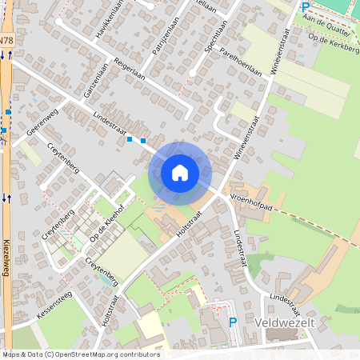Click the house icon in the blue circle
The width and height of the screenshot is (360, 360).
coord(179,172)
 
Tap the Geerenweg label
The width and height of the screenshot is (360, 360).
coord(42,122)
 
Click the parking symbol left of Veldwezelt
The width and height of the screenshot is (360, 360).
coord(233,322)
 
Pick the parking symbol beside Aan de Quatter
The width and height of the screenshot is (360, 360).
coord(305,7)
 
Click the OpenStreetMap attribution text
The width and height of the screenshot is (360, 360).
coord(80,354)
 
